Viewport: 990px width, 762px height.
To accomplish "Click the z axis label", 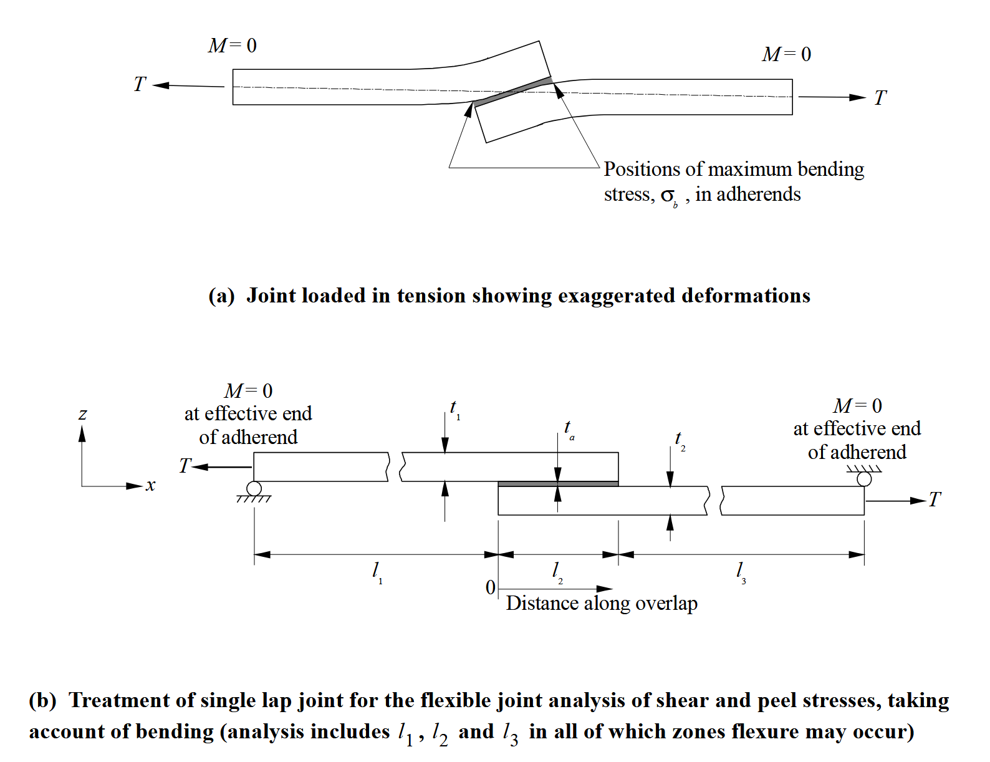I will click(x=83, y=414).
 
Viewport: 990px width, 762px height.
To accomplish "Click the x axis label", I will click(x=150, y=485).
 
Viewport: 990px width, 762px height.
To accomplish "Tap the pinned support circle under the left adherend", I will click(x=254, y=488).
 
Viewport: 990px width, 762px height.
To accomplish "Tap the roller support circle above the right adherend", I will click(x=864, y=479).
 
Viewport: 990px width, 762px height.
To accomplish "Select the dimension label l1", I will click(x=376, y=571).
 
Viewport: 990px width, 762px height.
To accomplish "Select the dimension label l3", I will click(x=740, y=571).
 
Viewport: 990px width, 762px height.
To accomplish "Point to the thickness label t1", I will click(x=454, y=408).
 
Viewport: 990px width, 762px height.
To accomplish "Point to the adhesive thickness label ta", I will click(x=569, y=428).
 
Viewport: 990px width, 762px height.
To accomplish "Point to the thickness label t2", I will click(x=680, y=440).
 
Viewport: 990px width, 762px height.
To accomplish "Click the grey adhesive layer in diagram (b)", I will click(x=558, y=484).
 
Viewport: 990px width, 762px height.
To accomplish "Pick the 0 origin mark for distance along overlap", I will click(x=490, y=587).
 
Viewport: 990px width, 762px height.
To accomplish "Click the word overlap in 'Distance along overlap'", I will click(x=670, y=604).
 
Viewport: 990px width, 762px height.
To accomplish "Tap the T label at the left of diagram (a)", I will click(x=140, y=84).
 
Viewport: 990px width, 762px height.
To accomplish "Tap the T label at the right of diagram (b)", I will click(x=934, y=499).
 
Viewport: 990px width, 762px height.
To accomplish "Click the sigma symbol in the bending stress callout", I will click(x=668, y=196).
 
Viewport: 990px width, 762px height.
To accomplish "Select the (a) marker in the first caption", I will click(x=221, y=296).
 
